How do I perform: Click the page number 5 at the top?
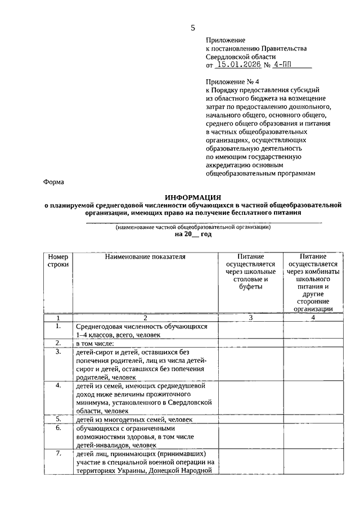[x=193, y=28]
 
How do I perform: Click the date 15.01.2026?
[x=238, y=66]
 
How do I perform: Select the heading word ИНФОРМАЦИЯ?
[x=193, y=197]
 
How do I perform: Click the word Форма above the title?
[x=54, y=182]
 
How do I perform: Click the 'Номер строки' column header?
[x=58, y=260]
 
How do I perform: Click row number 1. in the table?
[x=58, y=326]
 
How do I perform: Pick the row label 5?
[x=58, y=419]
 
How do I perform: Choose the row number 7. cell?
[x=58, y=453]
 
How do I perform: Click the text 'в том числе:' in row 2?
[x=94, y=343]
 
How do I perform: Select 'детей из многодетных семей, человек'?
[x=134, y=420]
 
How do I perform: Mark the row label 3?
[x=58, y=352]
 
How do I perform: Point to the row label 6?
[x=58, y=427]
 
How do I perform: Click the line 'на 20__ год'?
[x=193, y=234]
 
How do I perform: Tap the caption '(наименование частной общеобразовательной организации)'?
[x=193, y=227]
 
